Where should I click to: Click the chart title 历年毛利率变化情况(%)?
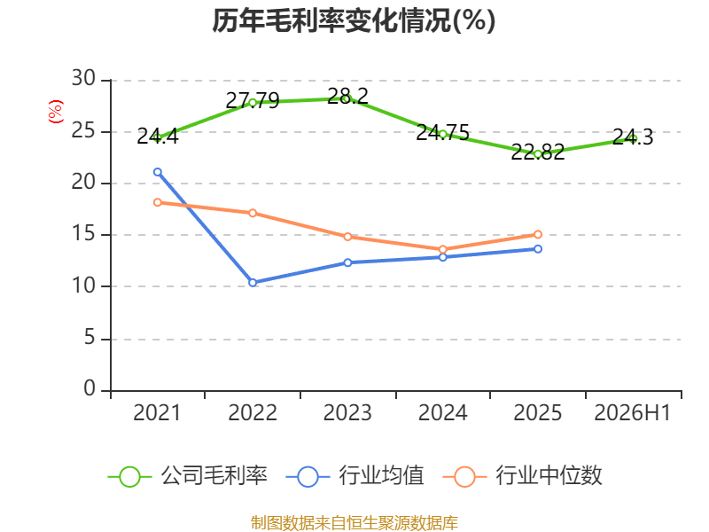354,20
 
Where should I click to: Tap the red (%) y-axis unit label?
56,112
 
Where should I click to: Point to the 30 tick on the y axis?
83,79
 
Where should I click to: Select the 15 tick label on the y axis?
83,234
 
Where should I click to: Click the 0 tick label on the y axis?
90,388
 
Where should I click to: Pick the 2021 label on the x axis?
157,412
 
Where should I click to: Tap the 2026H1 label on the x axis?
632,412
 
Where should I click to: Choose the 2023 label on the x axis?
347,412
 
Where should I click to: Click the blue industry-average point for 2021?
158,172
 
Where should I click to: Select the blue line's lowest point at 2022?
253,282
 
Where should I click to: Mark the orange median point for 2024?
442,249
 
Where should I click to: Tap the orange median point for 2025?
538,234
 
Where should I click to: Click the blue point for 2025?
538,249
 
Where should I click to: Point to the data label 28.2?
347,96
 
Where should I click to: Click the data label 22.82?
538,152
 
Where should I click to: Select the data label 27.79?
253,100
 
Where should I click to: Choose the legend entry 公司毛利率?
188,476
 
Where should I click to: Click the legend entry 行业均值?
355,476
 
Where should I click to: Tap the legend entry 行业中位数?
523,476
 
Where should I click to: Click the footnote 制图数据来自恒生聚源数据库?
354,523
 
